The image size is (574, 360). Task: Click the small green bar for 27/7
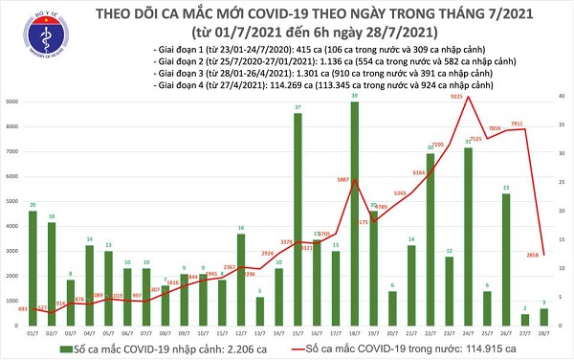point(524,319)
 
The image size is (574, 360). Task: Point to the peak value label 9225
point(458,96)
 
